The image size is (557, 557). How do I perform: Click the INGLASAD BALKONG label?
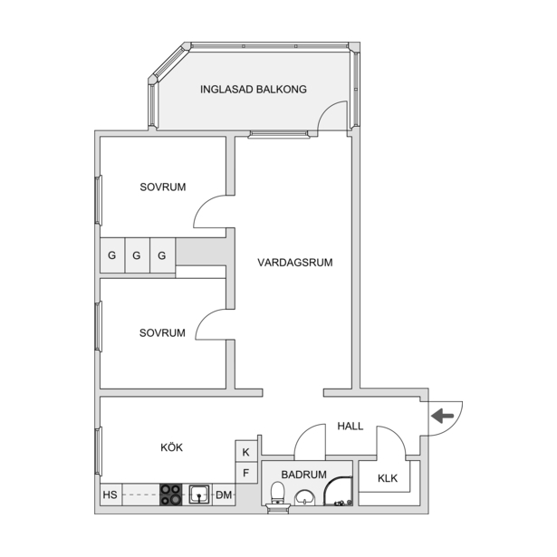[x=254, y=89]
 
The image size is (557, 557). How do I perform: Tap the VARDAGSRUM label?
[x=295, y=263]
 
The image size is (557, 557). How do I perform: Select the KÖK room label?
[x=171, y=447]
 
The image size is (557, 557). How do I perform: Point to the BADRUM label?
[x=303, y=475]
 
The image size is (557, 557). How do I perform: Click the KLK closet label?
[x=388, y=478]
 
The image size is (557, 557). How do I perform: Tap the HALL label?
[x=351, y=426]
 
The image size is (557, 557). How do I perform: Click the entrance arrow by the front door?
[x=442, y=416]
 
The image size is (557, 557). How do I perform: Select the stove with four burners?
[x=170, y=495]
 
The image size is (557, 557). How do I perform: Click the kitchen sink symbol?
[x=199, y=495]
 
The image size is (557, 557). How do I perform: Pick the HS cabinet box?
[x=110, y=495]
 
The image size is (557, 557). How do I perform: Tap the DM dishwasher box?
[x=224, y=495]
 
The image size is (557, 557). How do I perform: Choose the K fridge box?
[x=245, y=452]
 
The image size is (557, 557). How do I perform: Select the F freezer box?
[x=245, y=473]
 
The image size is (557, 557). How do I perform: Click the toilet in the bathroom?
[x=277, y=493]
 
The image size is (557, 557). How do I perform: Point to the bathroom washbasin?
[x=305, y=497]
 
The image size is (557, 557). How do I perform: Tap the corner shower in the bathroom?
[x=338, y=491]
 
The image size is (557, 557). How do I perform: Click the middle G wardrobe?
[x=137, y=255]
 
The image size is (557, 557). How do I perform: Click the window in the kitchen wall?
[x=99, y=451]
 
